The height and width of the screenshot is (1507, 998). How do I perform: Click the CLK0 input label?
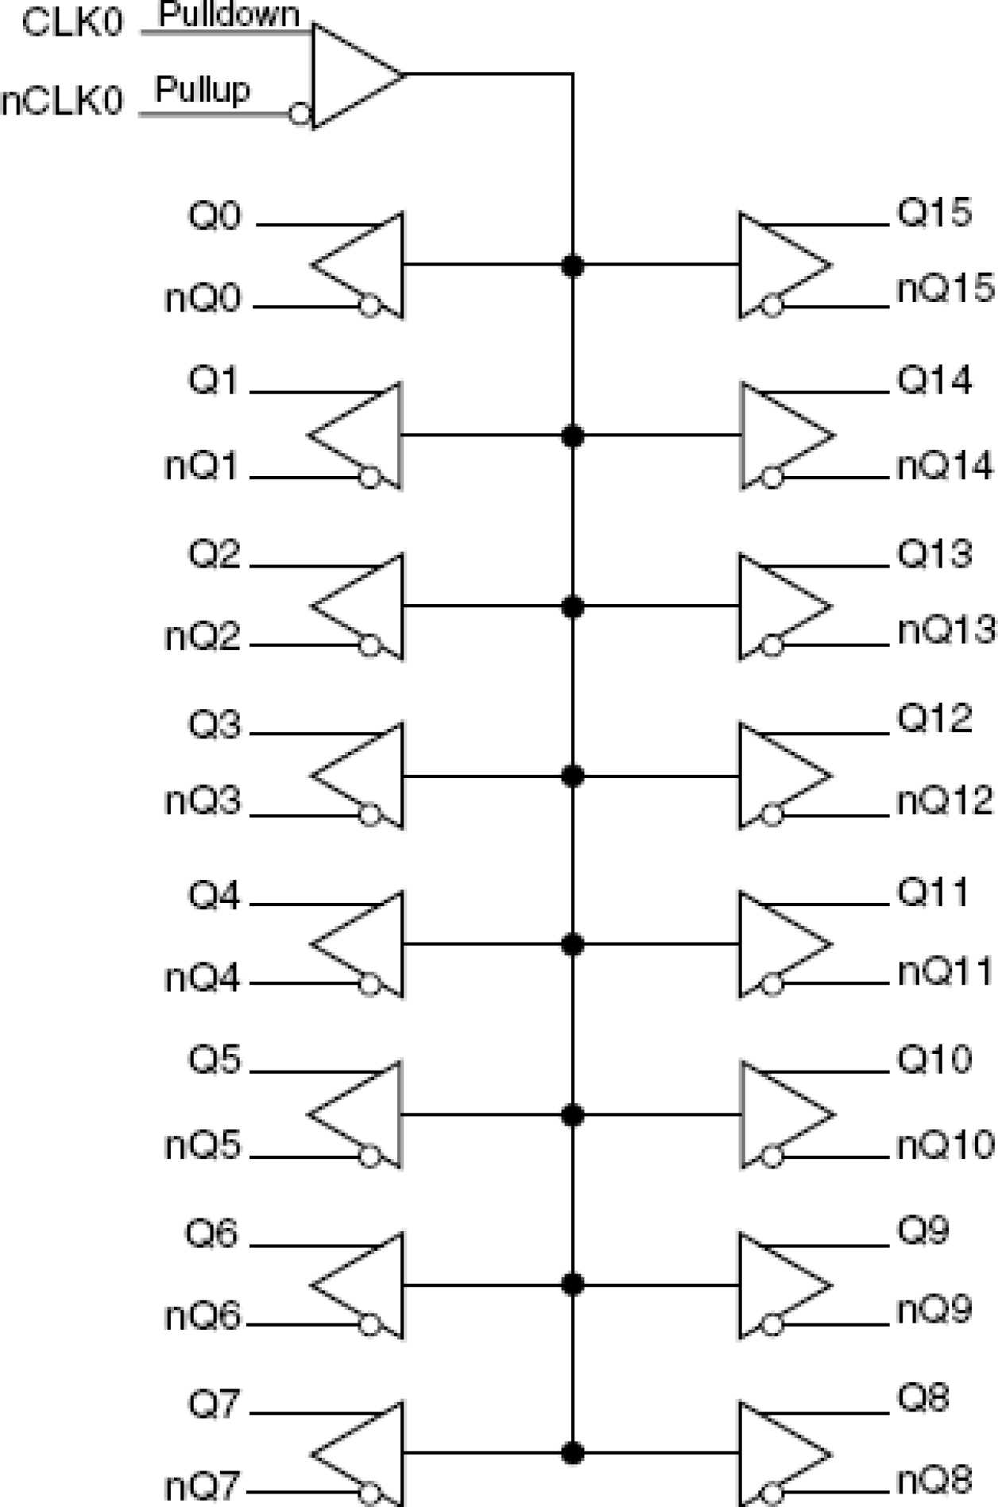(73, 23)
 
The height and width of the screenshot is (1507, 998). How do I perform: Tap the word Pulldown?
(229, 14)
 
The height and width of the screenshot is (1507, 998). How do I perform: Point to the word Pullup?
(202, 88)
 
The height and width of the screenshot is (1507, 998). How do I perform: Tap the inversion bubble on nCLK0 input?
(300, 114)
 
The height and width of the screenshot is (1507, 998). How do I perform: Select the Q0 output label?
(214, 215)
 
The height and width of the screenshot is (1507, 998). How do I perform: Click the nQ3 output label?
(202, 800)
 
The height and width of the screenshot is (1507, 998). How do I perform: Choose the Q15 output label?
(934, 212)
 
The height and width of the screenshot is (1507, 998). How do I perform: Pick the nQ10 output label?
(946, 1145)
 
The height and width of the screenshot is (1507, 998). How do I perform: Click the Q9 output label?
(923, 1230)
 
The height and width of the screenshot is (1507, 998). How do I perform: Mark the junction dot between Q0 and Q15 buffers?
(572, 265)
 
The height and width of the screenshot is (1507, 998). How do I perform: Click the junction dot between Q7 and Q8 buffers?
(572, 1454)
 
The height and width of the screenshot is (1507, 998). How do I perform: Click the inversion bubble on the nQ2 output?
(369, 645)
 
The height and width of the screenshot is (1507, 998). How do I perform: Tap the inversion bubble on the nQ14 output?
(772, 478)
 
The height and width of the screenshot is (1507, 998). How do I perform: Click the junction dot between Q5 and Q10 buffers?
(572, 1115)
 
